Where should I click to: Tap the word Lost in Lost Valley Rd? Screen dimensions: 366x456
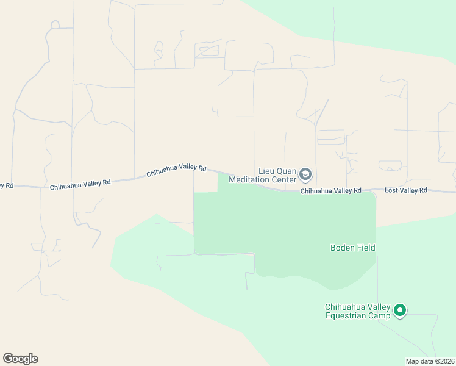[392, 191]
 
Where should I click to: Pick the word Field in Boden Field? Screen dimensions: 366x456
[367, 248]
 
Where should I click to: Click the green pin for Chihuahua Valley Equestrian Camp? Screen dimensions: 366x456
[400, 310]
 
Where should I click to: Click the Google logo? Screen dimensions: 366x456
[20, 358]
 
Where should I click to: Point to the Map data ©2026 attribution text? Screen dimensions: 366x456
[430, 361]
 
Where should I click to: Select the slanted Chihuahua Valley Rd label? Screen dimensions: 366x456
[177, 171]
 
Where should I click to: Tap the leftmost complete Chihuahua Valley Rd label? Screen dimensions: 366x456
[80, 182]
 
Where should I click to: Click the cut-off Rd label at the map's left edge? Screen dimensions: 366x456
[7, 185]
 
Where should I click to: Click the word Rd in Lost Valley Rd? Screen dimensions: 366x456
[423, 191]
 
